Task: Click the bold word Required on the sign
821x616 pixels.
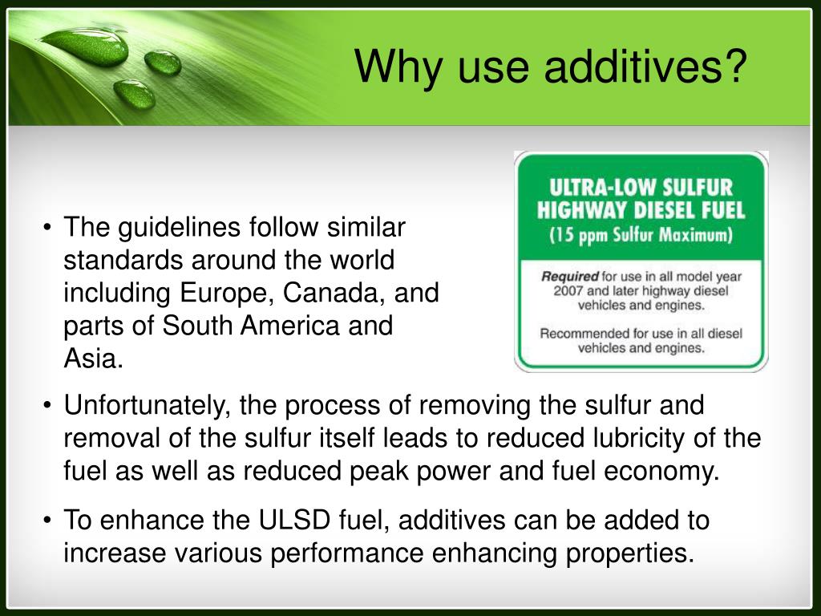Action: pyautogui.click(x=570, y=277)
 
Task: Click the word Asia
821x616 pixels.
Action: pyautogui.click(x=94, y=359)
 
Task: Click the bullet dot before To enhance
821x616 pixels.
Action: pyautogui.click(x=49, y=521)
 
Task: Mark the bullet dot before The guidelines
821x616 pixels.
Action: pyautogui.click(x=49, y=229)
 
